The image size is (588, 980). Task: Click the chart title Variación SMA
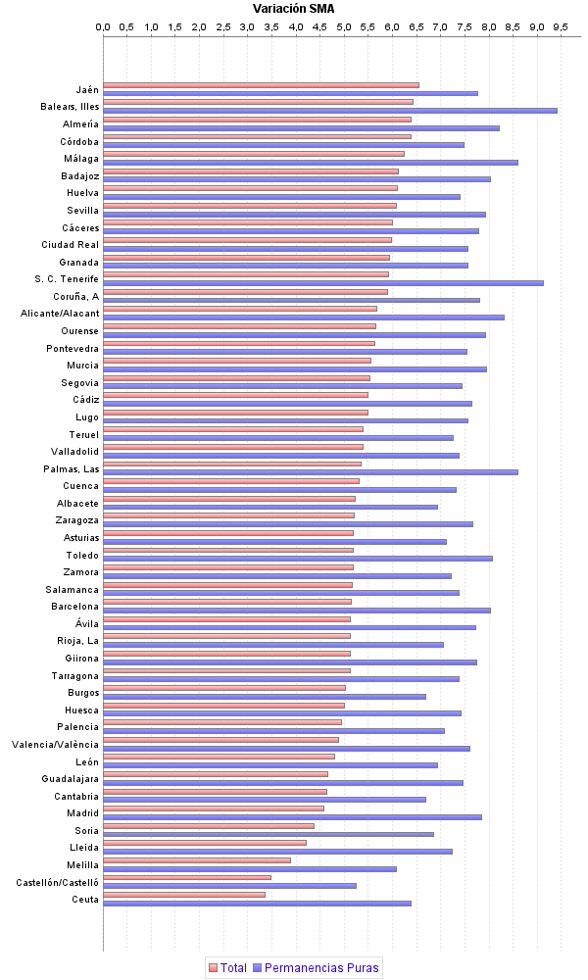pos(292,9)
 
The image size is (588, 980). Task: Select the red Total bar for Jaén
pos(261,85)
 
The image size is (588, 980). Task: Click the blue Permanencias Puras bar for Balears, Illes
pos(330,111)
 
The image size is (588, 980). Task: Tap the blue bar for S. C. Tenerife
pos(323,283)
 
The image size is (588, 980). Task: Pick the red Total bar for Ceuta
pos(184,895)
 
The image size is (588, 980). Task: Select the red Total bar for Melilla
pos(197,860)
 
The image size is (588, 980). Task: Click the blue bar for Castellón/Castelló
pos(229,886)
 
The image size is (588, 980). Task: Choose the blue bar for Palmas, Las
pos(311,472)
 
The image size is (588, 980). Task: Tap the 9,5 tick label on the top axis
pos(561,26)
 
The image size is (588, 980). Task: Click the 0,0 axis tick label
pos(103,26)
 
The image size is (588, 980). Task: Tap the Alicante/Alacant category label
pos(60,314)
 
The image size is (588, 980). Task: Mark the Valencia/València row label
pos(56,745)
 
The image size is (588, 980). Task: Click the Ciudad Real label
pos(70,245)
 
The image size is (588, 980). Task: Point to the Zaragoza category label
pos(77,520)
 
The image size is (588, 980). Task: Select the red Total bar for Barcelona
pos(227,602)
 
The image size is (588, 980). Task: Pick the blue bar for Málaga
pos(311,163)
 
